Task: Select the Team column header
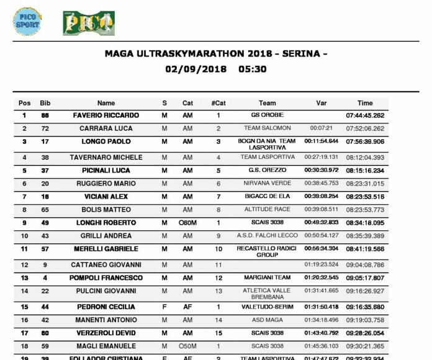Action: pos(267,103)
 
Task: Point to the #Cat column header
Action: pos(218,103)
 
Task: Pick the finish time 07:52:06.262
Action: pos(365,128)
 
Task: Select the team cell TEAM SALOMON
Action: pos(267,128)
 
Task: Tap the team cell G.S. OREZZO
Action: pos(267,171)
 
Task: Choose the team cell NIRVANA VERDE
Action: pos(267,184)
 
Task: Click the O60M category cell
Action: pos(187,223)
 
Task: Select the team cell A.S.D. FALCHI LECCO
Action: pos(267,236)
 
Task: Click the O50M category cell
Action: pos(187,346)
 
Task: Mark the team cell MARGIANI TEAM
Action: pos(267,277)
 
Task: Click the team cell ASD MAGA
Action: pos(267,320)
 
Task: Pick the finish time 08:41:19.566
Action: pos(365,249)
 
